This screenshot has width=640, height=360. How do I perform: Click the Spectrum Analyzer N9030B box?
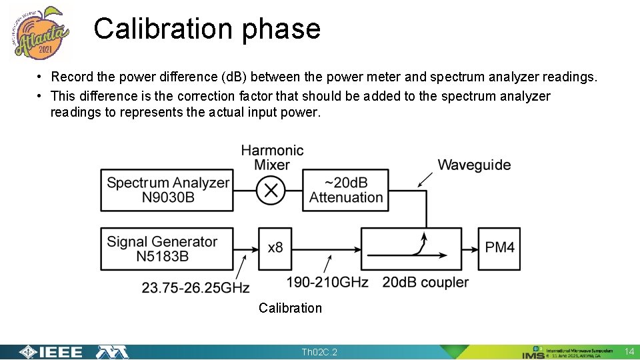coord(167,190)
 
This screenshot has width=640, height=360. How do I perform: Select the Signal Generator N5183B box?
coord(167,249)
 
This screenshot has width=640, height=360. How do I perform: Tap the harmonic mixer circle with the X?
coord(271,191)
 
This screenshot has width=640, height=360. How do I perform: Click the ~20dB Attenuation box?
coord(345,190)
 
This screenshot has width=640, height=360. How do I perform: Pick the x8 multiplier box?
coord(275,248)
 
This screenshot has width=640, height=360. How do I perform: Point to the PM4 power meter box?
coord(499,248)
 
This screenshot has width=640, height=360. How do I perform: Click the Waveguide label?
coord(474,165)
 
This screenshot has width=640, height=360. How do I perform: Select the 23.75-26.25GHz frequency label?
coord(195,287)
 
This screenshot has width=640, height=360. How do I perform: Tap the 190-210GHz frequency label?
coord(327,283)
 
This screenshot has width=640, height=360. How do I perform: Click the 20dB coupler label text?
coord(425,283)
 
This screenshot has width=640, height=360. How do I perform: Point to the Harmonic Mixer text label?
coord(272,157)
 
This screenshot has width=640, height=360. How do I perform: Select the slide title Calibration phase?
coord(207,29)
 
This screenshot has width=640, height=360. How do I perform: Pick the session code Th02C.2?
coord(319,352)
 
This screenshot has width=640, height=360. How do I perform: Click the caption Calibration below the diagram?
coord(290,308)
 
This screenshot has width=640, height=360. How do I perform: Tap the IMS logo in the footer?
coord(533,353)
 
